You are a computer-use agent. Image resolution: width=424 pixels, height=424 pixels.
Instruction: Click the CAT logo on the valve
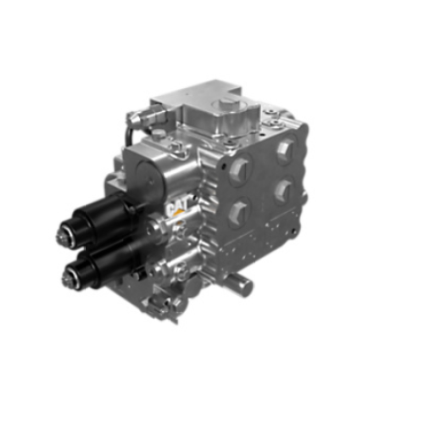(178, 207)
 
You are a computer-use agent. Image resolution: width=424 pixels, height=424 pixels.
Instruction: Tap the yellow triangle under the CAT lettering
(179, 214)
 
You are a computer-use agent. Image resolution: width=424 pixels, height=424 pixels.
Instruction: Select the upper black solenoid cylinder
(102, 217)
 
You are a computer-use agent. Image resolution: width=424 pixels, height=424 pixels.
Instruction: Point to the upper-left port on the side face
(239, 170)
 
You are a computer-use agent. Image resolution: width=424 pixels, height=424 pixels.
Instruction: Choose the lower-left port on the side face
(239, 210)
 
